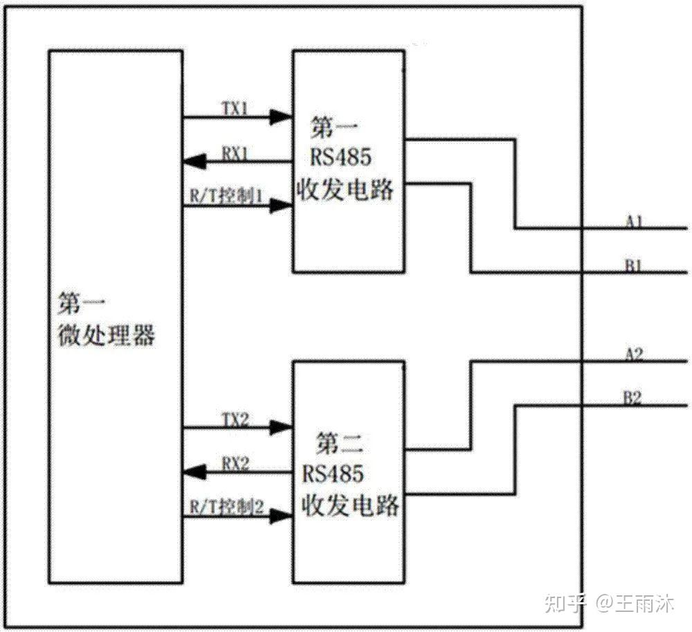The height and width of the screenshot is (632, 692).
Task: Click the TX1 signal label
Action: [235, 108]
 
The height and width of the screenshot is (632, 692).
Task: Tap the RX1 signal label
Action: [235, 153]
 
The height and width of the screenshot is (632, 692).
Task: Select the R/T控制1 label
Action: [226, 197]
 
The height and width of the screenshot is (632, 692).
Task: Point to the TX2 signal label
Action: [236, 418]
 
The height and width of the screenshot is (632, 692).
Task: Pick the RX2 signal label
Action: [236, 464]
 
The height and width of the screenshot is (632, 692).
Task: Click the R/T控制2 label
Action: [227, 507]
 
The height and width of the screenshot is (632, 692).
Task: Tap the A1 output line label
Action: [635, 221]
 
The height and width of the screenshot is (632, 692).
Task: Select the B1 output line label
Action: [635, 264]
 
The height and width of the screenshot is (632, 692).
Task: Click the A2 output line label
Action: [634, 354]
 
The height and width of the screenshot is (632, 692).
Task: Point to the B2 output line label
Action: [634, 397]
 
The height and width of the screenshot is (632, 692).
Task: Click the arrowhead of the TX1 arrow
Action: [280, 117]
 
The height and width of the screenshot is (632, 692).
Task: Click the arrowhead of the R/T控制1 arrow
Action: [280, 206]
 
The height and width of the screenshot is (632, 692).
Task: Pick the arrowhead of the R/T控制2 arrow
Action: [280, 516]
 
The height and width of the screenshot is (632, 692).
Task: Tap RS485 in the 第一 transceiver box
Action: [340, 157]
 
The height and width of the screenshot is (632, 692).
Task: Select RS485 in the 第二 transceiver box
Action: [333, 474]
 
